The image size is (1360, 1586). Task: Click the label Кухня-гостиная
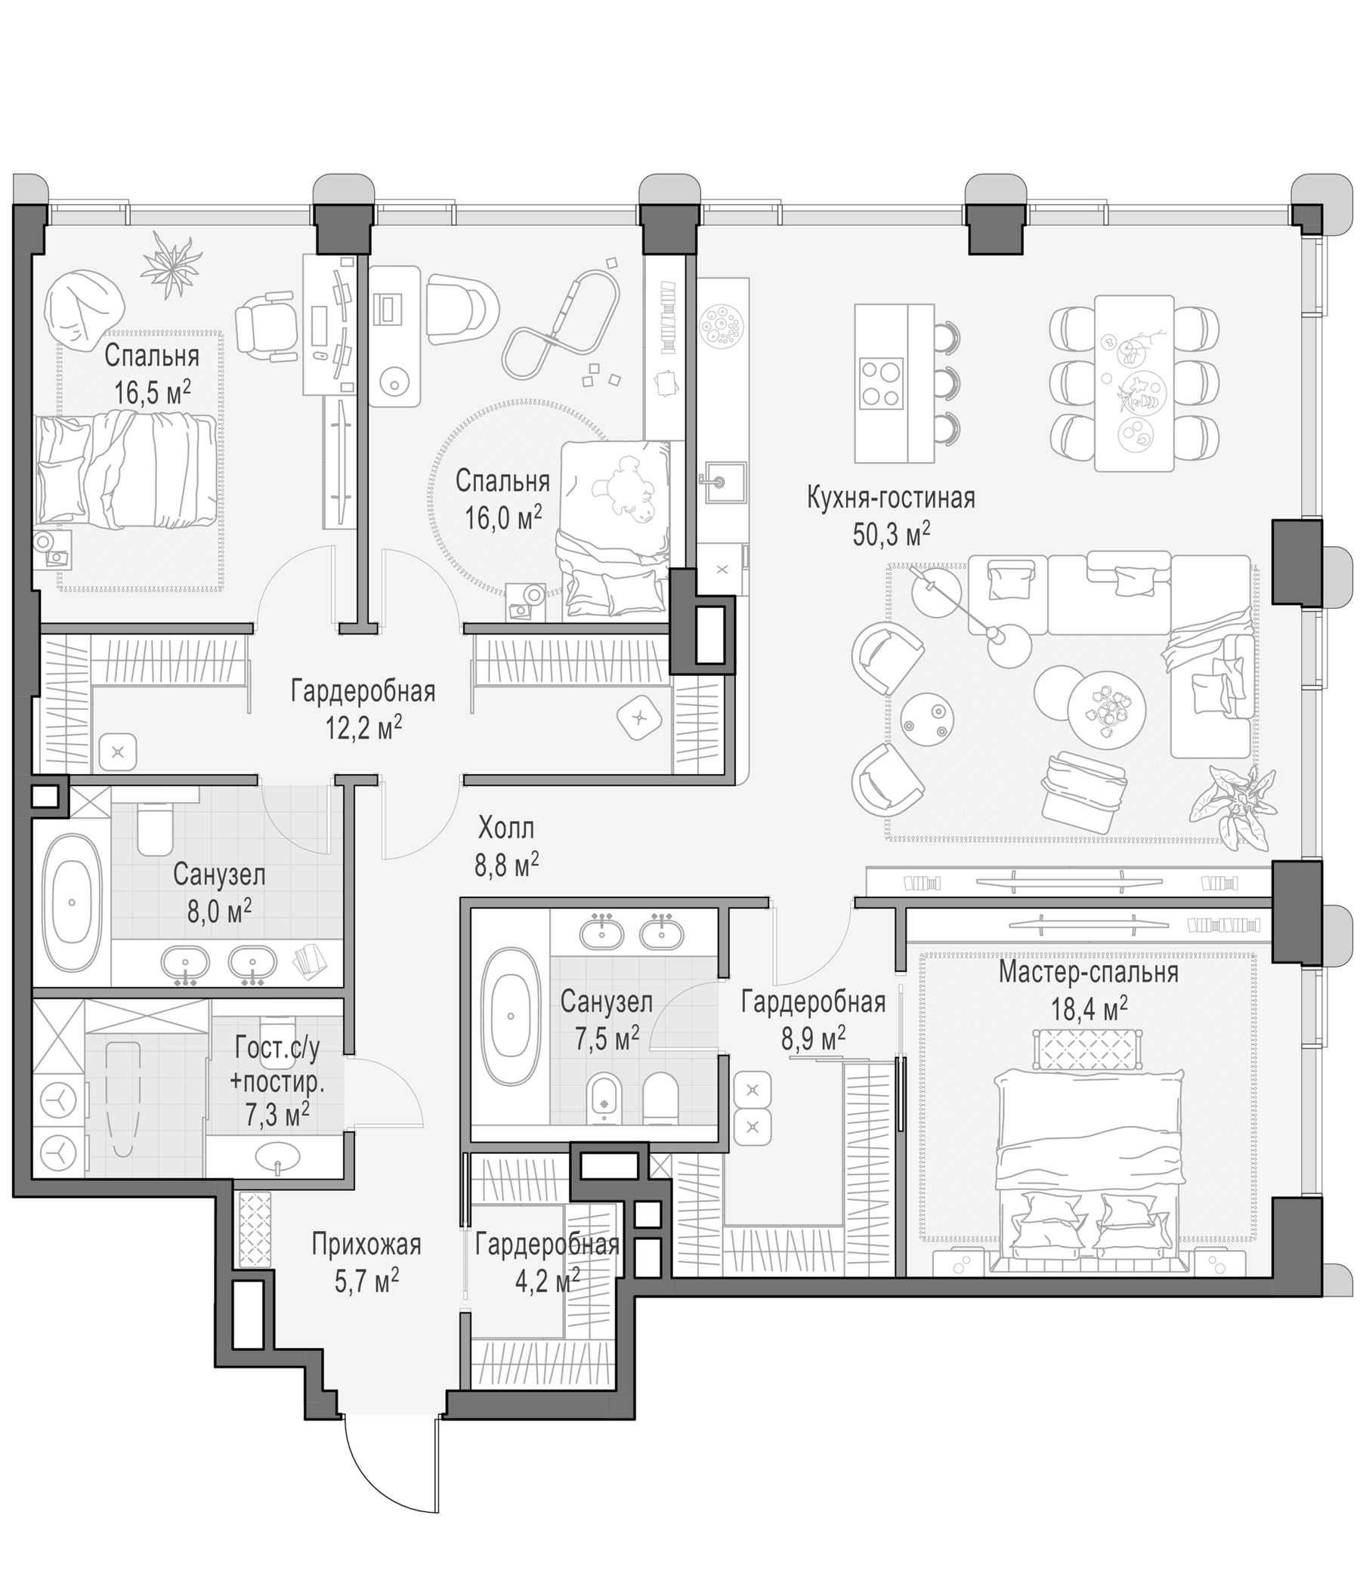click(891, 498)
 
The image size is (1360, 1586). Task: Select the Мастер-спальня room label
click(1088, 973)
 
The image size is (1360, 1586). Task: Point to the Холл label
click(506, 828)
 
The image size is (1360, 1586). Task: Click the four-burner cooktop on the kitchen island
click(880, 384)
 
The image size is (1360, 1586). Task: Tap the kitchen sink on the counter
click(721, 482)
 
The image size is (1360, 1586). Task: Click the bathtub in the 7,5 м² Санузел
click(510, 1017)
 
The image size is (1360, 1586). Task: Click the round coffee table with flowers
click(1106, 709)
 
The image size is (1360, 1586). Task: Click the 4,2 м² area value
click(547, 1280)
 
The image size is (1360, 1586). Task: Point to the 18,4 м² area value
click(1088, 1009)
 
